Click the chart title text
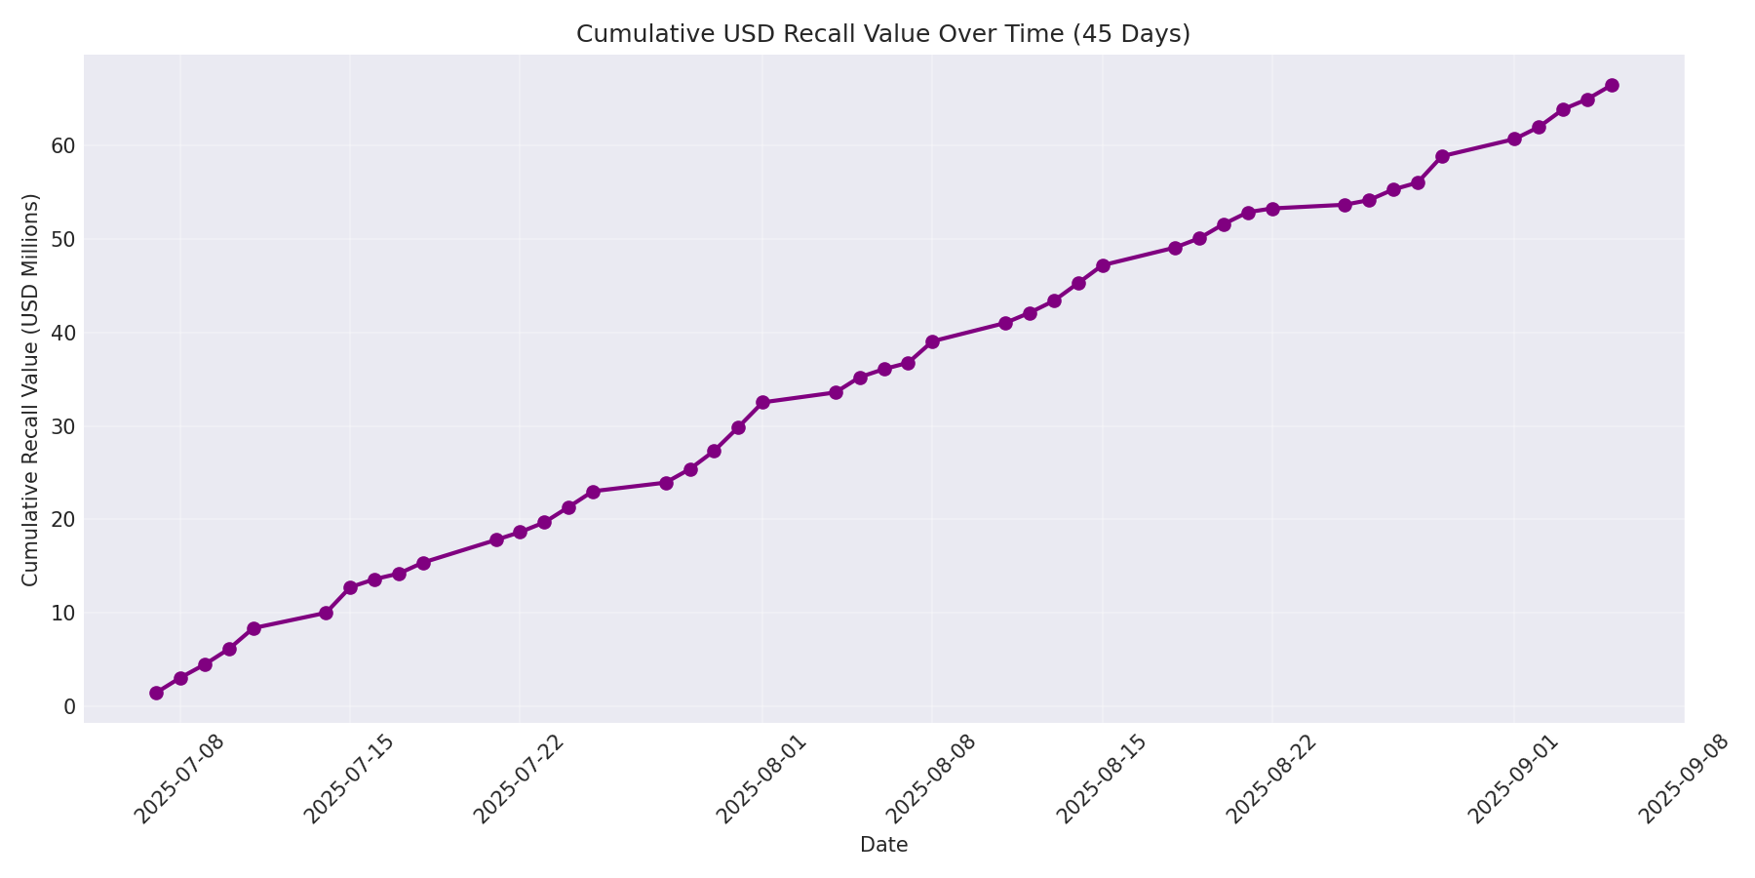pos(882,34)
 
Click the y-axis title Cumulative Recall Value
pos(31,389)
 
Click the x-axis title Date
pos(883,846)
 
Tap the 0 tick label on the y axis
pos(70,706)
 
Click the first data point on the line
pos(156,693)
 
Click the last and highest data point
pos(1612,85)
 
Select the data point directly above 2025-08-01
pos(762,402)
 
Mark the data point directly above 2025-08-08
pos(932,341)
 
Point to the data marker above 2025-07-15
pos(350,587)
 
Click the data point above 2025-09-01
pos(1514,139)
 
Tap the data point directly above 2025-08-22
pos(1272,209)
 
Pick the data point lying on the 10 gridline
pos(326,613)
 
